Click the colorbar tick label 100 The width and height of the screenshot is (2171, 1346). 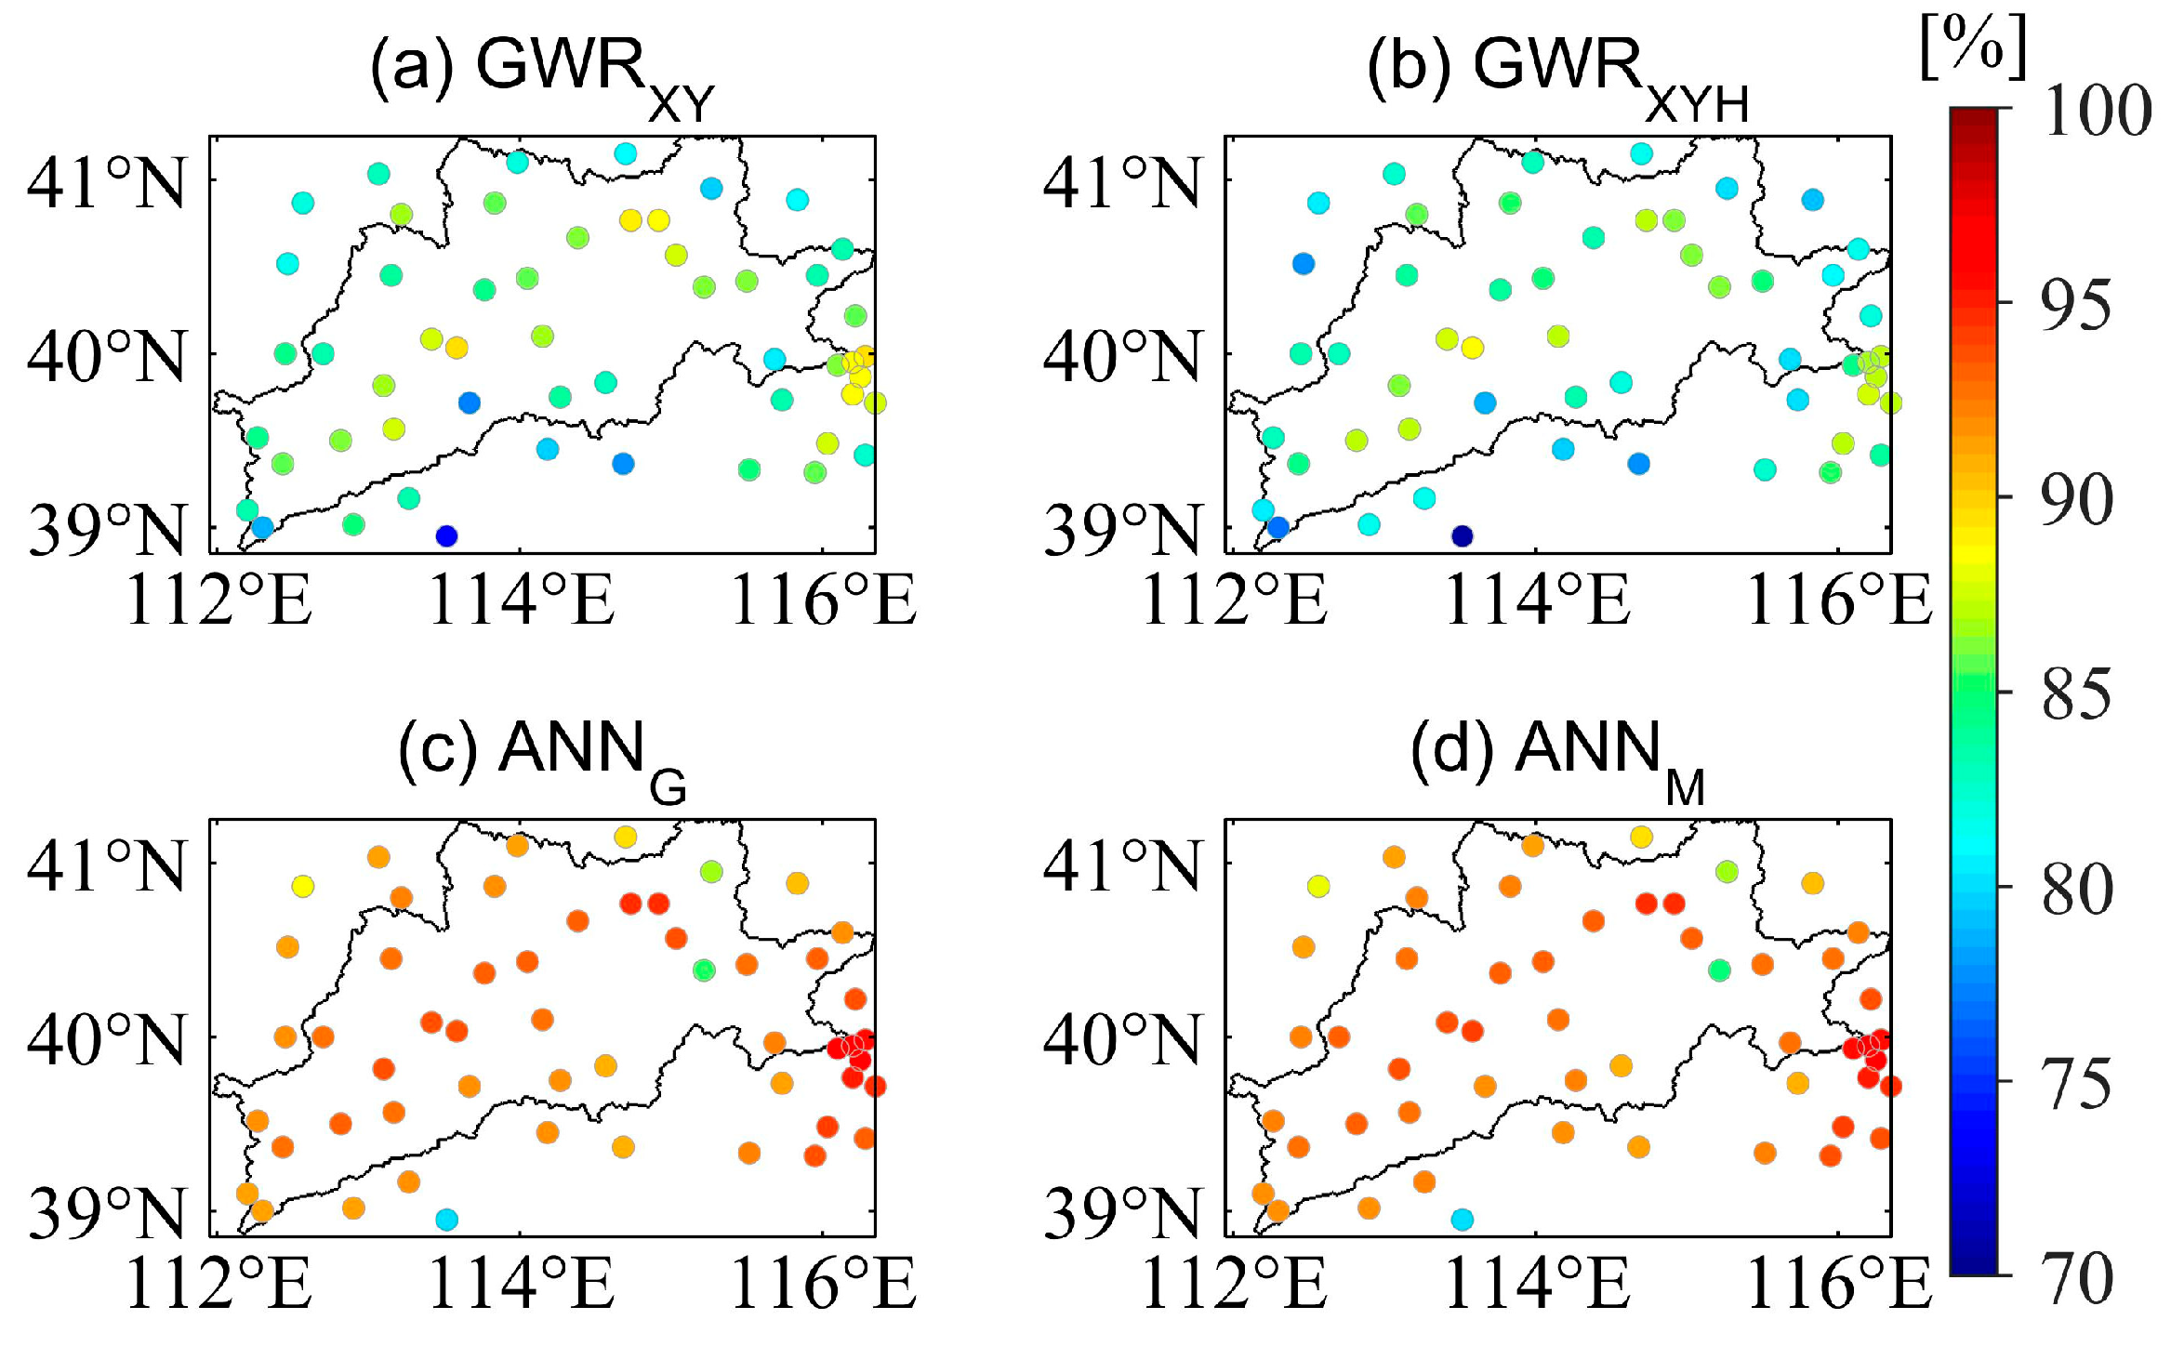pyautogui.click(x=2096, y=112)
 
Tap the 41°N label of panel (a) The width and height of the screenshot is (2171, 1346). pyautogui.click(x=106, y=183)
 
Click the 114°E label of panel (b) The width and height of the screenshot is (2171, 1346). pyautogui.click(x=1536, y=601)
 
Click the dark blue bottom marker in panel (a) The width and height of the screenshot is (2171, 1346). pyautogui.click(x=446, y=535)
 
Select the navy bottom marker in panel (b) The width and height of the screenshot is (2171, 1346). pyautogui.click(x=1463, y=535)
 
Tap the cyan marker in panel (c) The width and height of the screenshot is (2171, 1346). pyautogui.click(x=446, y=1219)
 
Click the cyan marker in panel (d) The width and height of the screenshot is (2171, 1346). pyautogui.click(x=1463, y=1219)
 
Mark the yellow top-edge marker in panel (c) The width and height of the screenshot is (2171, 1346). pyautogui.click(x=625, y=837)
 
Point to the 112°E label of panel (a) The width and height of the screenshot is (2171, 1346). pyautogui.click(x=217, y=601)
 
